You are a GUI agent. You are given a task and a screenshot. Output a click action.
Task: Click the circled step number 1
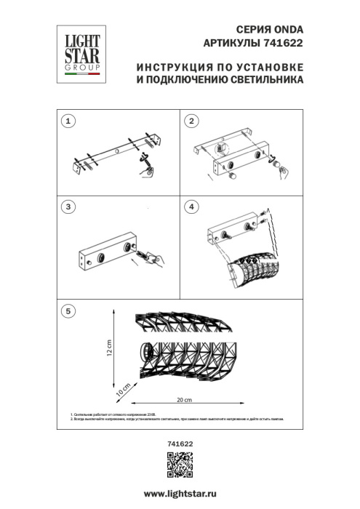click(68, 121)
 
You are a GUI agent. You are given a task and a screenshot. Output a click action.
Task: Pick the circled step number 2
click(191, 121)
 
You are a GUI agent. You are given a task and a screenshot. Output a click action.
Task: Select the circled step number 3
click(68, 208)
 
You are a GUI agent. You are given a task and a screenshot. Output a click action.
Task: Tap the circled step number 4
click(191, 208)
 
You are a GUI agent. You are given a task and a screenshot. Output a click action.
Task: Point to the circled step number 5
click(68, 311)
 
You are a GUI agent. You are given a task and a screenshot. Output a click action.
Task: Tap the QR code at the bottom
click(180, 463)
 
